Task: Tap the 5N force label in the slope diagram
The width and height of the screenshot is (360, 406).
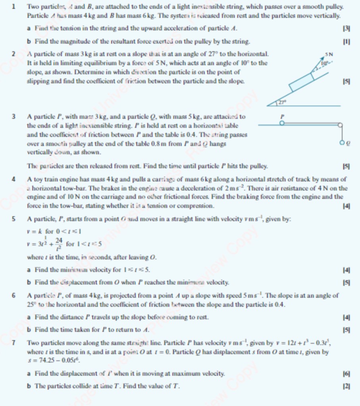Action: pyautogui.click(x=329, y=53)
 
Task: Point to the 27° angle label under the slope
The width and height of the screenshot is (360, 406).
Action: pyautogui.click(x=281, y=102)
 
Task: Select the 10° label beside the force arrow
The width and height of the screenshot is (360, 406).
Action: pyautogui.click(x=325, y=62)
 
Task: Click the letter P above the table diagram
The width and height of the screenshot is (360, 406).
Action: pyautogui.click(x=283, y=117)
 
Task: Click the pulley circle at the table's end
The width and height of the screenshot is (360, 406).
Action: pyautogui.click(x=340, y=125)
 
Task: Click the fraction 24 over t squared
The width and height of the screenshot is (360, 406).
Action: pyautogui.click(x=59, y=242)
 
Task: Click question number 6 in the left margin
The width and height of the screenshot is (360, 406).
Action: pyautogui.click(x=13, y=296)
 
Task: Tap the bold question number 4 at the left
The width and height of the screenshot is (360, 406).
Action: pyautogui.click(x=13, y=179)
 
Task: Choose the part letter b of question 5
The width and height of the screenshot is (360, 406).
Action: pyautogui.click(x=29, y=283)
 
